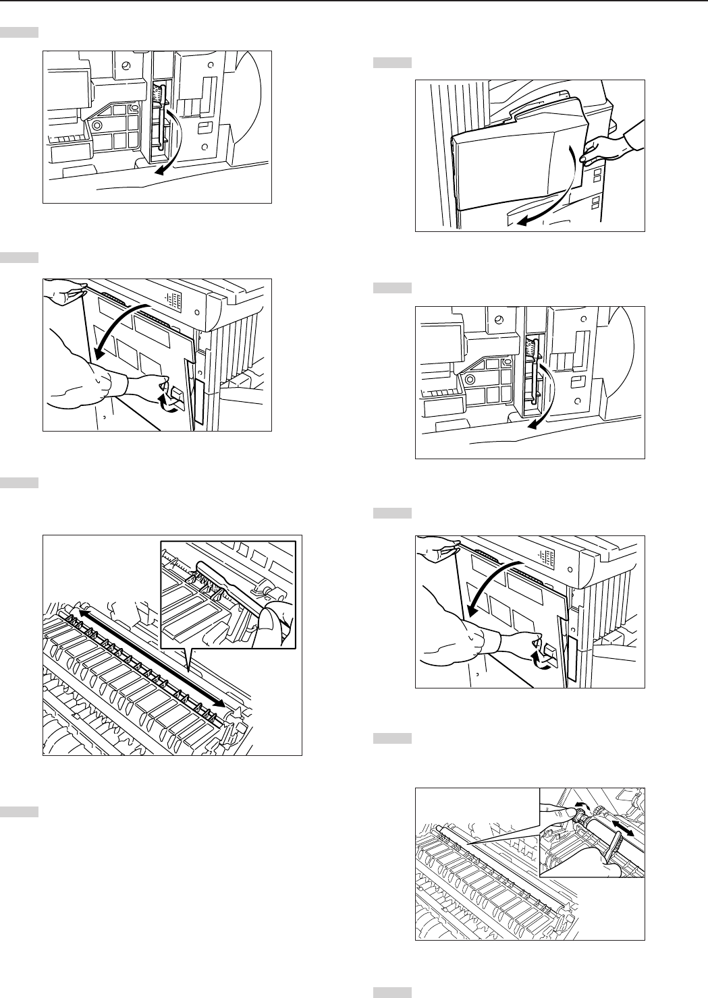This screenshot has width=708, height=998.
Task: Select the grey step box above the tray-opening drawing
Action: (392, 63)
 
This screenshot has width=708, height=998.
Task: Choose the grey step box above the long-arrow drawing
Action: (18, 483)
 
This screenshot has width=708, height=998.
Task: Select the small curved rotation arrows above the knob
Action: (586, 806)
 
